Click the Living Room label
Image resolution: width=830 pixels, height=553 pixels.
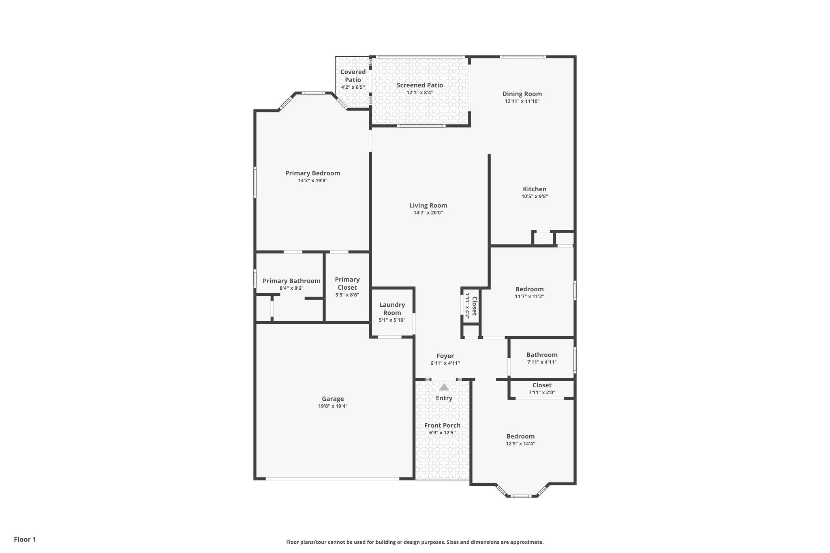(428, 205)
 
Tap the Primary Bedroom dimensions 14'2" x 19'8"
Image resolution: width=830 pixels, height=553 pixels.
(313, 181)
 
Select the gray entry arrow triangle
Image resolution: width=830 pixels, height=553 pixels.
(444, 387)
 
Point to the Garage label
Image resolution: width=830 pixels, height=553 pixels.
(333, 399)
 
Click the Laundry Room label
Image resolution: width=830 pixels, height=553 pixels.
(392, 309)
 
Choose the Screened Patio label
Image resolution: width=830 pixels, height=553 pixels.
(420, 85)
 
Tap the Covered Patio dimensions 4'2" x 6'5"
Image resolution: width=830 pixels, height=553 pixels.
(353, 87)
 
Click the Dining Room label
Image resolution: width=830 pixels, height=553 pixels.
(522, 94)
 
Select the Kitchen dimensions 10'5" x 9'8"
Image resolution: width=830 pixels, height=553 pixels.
(535, 196)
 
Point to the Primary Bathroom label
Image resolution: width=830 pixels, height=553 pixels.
(291, 281)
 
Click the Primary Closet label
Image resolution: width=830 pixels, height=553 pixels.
(347, 284)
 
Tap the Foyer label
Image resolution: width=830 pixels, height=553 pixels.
(445, 356)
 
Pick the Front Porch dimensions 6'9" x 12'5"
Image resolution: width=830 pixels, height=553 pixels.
(442, 433)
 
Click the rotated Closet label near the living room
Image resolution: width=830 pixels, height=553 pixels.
(474, 306)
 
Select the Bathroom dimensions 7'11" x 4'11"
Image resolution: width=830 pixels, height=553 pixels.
(542, 362)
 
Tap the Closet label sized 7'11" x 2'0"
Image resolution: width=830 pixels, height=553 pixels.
(542, 385)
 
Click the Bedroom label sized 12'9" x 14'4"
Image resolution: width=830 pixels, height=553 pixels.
(520, 436)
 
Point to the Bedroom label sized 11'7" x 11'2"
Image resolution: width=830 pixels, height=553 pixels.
(529, 289)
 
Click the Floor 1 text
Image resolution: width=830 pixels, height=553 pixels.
(25, 540)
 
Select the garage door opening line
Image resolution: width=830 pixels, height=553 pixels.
(333, 479)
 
